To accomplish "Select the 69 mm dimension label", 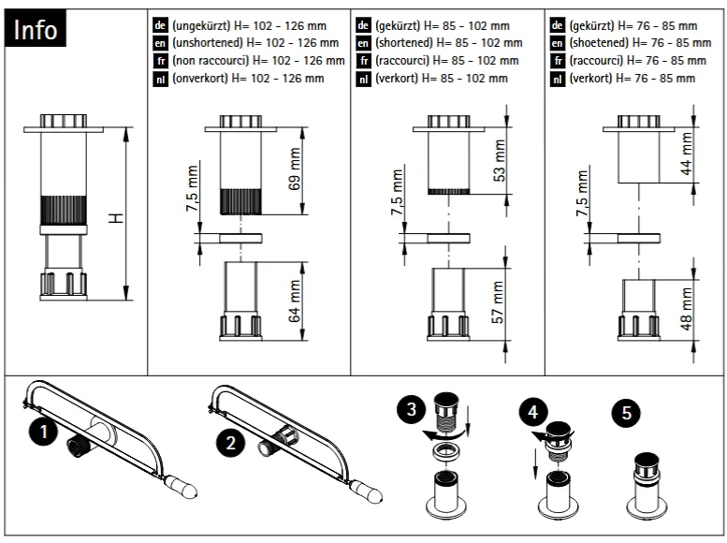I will tap(297, 169).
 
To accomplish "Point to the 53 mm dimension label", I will tap(500, 160).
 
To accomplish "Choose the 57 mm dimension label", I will tap(500, 302).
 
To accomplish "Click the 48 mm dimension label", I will tap(687, 309).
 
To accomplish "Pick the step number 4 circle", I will tap(532, 410).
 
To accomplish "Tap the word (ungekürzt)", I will tap(199, 25).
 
